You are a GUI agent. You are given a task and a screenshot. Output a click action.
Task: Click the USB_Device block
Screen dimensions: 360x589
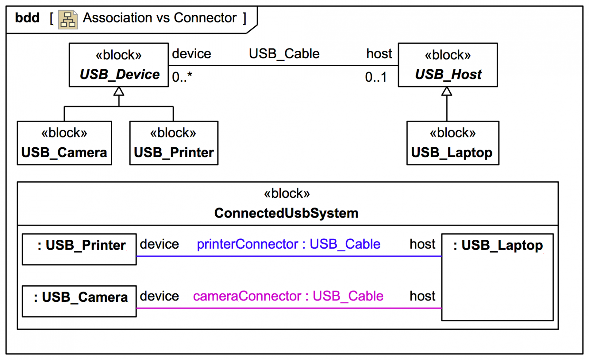119,65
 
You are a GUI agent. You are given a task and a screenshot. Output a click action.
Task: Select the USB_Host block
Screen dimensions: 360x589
448,65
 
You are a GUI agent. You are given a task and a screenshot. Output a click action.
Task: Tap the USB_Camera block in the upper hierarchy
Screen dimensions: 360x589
64,143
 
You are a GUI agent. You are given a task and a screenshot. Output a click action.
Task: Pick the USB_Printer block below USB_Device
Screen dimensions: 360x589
174,143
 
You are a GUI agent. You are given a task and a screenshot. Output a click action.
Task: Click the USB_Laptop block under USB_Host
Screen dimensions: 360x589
452,143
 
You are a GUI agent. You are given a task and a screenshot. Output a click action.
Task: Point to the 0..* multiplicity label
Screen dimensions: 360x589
182,77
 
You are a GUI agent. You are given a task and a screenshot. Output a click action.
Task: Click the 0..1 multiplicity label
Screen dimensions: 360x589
376,77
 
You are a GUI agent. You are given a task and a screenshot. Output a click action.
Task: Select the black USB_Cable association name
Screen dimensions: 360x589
284,54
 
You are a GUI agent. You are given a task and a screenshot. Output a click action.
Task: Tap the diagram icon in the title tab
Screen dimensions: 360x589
68,20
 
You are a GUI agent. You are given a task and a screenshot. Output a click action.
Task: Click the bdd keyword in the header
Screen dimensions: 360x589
27,18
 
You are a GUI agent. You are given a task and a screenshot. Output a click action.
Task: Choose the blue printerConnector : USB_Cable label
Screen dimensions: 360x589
288,244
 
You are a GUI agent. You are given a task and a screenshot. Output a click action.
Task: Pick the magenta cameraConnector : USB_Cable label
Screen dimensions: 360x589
288,296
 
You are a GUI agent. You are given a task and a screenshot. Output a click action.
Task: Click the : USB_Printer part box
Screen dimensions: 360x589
79,249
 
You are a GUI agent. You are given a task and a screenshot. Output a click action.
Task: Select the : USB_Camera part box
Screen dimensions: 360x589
79,301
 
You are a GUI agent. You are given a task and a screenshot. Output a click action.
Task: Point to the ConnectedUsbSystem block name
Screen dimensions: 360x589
286,213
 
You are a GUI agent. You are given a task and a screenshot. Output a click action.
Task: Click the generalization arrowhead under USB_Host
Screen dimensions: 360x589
447,91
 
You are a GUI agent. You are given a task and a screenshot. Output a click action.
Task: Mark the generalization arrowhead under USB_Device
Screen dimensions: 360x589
119,91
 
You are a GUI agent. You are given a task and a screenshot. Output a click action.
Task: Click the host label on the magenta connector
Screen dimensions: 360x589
422,296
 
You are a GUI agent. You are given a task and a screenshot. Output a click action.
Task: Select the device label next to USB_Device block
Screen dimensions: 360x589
191,54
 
